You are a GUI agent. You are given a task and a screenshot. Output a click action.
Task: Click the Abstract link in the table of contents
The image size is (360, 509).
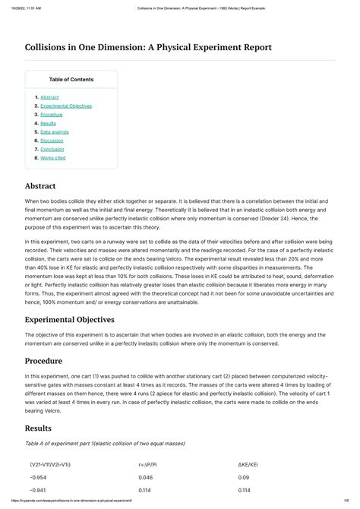(49, 97)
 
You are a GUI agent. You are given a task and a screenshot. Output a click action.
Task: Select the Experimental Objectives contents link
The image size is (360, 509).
(66, 106)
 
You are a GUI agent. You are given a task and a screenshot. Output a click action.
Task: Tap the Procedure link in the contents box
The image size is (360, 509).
(52, 115)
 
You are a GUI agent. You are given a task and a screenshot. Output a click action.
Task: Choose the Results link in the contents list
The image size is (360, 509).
(48, 123)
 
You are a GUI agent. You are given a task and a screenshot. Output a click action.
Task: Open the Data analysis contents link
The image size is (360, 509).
(55, 131)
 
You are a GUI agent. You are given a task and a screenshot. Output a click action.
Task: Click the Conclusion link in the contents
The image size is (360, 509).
(53, 149)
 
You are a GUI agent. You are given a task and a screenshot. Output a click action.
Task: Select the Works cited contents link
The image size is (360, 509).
(53, 158)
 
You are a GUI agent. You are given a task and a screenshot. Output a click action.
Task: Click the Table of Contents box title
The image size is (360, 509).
(71, 79)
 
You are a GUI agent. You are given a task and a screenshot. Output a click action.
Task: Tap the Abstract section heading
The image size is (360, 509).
(40, 185)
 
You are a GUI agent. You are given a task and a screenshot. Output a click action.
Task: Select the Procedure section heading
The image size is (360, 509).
(43, 361)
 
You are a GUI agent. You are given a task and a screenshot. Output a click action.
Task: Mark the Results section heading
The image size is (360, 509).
(39, 428)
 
